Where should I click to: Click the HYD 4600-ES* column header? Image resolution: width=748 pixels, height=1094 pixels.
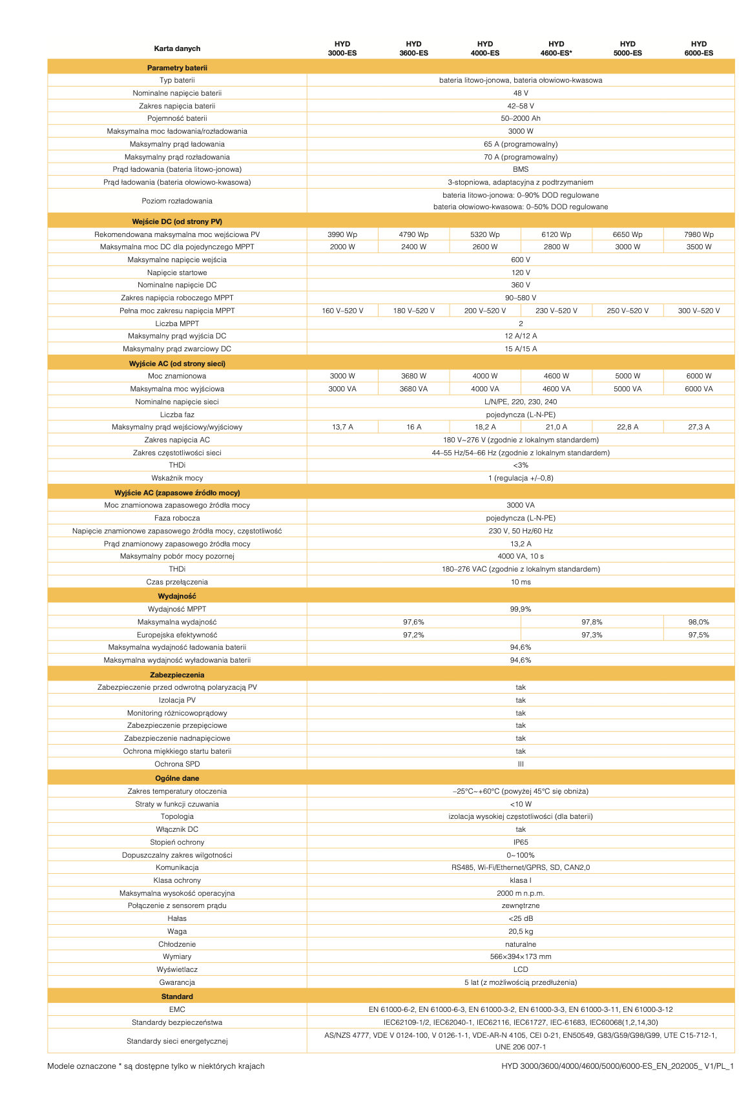coord(556,48)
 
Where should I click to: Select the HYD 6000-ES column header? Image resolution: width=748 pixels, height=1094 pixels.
coord(698,48)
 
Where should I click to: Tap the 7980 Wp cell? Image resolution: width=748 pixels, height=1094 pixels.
coord(698,234)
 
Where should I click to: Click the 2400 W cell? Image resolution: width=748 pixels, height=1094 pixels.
coord(413,247)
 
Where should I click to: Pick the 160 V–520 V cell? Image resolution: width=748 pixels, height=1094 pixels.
coord(342,311)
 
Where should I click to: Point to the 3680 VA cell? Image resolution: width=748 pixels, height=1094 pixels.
coord(413,389)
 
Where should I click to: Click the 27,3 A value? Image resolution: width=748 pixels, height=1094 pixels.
coord(698,427)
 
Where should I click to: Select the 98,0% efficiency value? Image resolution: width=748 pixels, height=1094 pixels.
coord(698,622)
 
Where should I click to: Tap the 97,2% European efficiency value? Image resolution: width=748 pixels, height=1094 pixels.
coord(413,635)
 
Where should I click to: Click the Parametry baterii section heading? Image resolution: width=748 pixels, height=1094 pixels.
coord(177,68)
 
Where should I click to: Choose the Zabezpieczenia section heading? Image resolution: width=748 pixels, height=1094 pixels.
coord(177,675)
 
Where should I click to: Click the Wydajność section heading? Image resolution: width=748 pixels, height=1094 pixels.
coord(177,596)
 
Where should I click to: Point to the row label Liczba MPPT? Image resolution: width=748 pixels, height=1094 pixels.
coord(177,324)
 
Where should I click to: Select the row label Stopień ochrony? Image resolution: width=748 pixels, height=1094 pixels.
coord(177,842)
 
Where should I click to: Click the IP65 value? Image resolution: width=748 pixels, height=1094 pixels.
coord(521,842)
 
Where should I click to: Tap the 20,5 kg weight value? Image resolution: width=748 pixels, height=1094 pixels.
coord(521,931)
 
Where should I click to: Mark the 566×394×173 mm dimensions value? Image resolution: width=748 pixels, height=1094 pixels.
coord(521,956)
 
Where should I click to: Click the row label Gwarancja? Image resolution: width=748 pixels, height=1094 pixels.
coord(177,982)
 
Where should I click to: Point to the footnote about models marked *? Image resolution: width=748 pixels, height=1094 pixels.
coord(156,1066)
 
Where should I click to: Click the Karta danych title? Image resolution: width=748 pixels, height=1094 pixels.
coord(177,48)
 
